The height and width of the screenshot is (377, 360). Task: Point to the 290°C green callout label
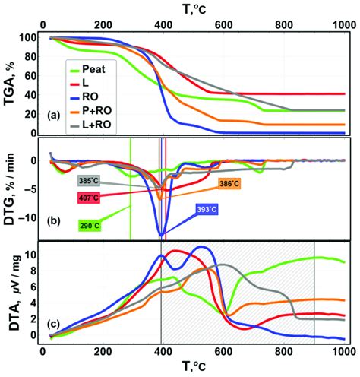pos(90,226)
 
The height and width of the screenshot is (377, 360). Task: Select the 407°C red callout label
pos(90,198)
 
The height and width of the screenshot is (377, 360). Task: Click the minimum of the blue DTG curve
pos(160,234)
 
